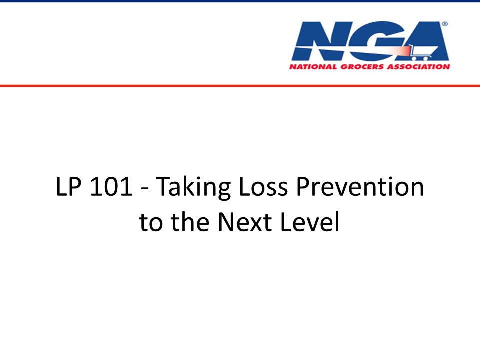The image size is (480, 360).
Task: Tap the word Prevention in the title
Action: click(360, 186)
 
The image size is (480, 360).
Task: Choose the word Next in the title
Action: click(245, 222)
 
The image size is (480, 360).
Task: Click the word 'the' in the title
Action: click(190, 222)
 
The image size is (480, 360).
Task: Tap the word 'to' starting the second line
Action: click(151, 222)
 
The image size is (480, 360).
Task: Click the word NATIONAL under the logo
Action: click(313, 66)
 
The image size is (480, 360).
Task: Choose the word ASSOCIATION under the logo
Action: click(418, 66)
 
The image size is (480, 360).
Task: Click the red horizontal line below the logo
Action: click(240, 86)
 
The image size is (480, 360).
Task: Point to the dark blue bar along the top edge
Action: click(240, 1)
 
